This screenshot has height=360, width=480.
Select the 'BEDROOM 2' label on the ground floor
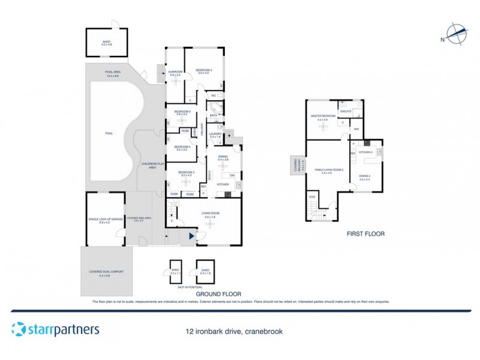pos(203,71)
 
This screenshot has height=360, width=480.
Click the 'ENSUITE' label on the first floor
pos(346,112)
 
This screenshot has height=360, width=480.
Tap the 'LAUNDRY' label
pos(216,135)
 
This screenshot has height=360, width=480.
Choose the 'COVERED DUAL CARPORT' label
pos(106,272)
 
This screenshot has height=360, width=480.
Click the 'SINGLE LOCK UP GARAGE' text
pos(105,219)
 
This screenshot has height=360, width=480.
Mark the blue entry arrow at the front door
pos(191,237)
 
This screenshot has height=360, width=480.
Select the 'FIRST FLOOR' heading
pos(365,233)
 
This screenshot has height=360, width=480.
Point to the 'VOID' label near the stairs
pos(311,197)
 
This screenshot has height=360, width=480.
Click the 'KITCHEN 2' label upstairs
pos(365,152)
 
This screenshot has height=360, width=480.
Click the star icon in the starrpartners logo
pos(18,329)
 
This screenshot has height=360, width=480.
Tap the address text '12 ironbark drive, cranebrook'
pos(234,331)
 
